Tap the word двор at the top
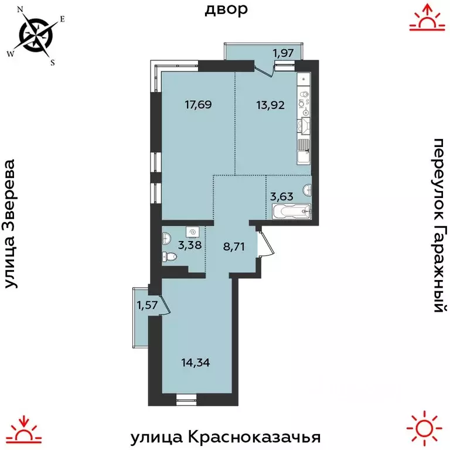pos(226,10)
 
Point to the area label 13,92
pos(274,105)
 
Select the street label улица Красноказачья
pos(226,437)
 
